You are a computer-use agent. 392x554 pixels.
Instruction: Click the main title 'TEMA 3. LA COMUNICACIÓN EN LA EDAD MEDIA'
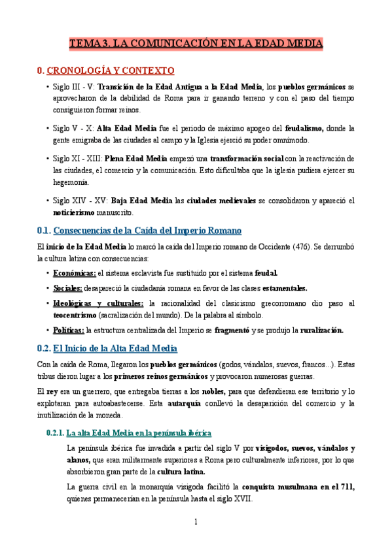[196, 44]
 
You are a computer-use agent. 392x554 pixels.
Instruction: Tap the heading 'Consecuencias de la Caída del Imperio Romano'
[147, 231]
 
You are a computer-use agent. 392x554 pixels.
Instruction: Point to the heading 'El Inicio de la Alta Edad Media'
[115, 348]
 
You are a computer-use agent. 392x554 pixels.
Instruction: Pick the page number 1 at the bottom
[196, 521]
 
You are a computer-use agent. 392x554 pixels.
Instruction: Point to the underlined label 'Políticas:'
[69, 331]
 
